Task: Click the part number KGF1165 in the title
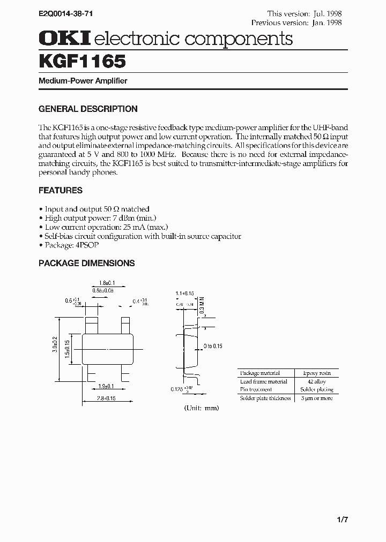pos(82,61)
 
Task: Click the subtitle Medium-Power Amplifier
pos(83,81)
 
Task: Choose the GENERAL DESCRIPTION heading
pos(88,109)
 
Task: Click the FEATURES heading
pos(61,190)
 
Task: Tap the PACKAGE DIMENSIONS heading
pos(86,263)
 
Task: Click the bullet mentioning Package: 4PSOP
pos(71,245)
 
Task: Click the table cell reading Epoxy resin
pos(317,373)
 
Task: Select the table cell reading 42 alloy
pos(317,381)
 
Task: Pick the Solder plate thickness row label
pos(265,398)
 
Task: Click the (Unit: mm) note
pos(202,408)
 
